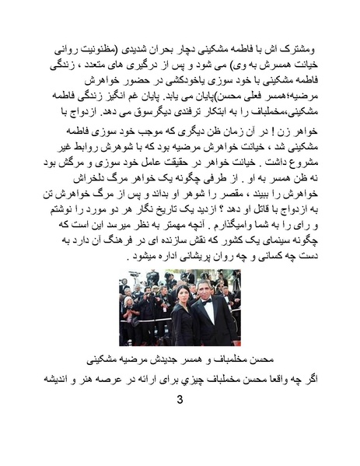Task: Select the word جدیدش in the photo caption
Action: click(x=168, y=359)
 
